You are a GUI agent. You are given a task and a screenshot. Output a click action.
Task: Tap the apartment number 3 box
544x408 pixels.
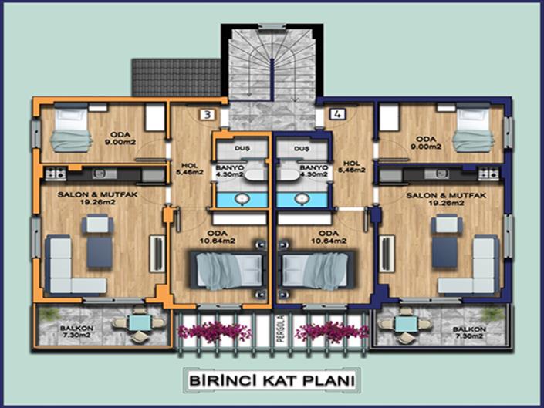pos(207,115)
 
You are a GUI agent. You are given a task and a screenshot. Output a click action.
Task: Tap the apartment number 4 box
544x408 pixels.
pos(336,115)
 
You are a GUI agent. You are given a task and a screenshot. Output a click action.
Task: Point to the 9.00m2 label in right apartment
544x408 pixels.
pos(425,144)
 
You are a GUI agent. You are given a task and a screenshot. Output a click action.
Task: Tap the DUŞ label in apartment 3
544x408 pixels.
pos(242,147)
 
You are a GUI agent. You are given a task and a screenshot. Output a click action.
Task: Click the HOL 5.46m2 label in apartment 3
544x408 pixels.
pos(191,167)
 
